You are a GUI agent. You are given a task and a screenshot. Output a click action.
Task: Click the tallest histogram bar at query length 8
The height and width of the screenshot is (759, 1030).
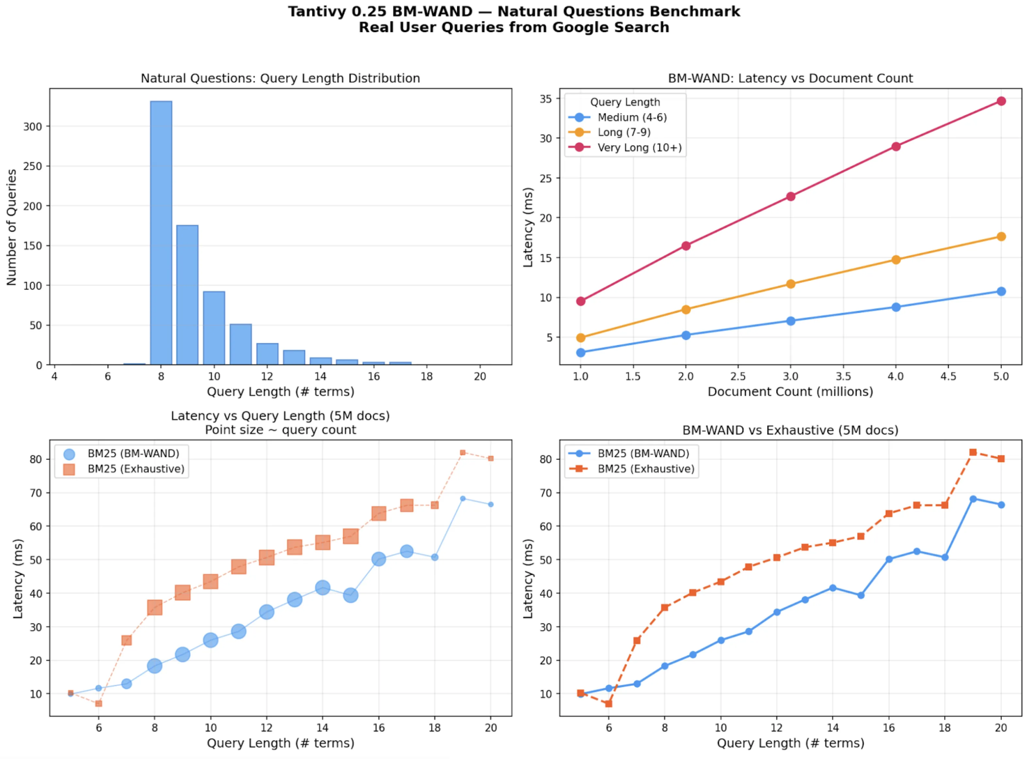pos(161,233)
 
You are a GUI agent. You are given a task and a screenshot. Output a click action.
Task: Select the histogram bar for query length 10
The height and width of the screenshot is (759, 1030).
pos(214,328)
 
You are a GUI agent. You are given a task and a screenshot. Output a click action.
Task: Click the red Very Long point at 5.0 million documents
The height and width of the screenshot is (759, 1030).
pos(1001,101)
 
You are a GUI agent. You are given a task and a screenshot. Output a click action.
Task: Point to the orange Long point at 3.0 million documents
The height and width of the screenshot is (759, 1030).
pos(790,284)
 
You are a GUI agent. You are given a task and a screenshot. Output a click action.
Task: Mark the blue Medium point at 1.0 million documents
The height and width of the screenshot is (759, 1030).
pos(580,352)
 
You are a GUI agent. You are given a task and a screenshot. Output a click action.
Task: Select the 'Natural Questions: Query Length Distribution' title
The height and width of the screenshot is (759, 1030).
pos(280,78)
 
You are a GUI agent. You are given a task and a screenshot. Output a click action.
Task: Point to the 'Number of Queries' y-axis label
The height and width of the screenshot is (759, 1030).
pos(11,227)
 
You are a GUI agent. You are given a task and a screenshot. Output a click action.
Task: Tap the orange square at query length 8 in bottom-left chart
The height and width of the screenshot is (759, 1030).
pos(154,607)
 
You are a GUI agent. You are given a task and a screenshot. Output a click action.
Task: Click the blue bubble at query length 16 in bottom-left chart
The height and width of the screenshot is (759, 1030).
pos(378,559)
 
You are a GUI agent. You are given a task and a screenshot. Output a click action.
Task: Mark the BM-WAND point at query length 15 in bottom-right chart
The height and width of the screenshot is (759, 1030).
pos(861,595)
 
